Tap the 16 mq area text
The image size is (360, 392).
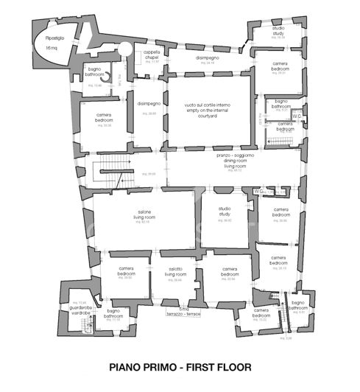tap(52, 47)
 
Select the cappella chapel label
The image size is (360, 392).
tap(152, 55)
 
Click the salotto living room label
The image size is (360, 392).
tap(175, 273)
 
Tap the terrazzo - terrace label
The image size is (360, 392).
tap(183, 312)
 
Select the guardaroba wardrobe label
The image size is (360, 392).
tap(76, 309)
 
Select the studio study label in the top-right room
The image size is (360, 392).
tap(278, 32)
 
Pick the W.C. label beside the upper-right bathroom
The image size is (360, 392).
tap(296, 116)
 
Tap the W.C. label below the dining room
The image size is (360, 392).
tap(259, 191)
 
